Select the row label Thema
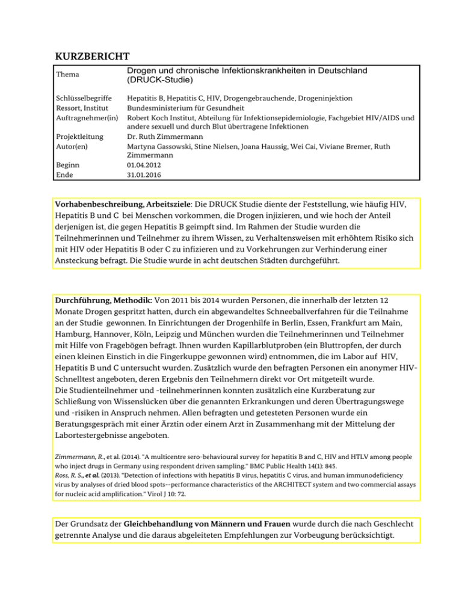[x=67, y=75]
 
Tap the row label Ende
[x=64, y=175]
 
